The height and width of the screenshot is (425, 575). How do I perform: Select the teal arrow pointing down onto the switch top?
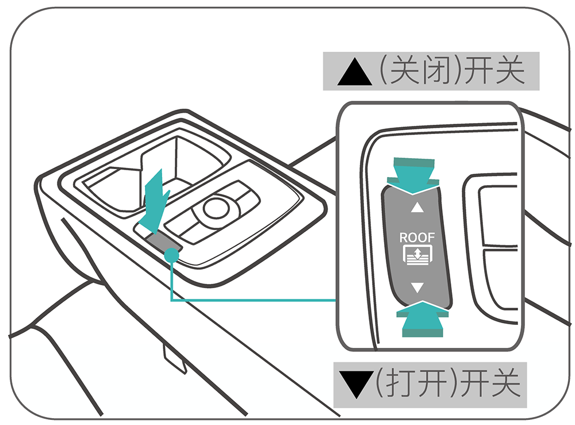point(413,172)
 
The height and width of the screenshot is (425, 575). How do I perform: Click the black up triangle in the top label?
point(352,72)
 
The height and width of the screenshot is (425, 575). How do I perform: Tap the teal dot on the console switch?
point(171,254)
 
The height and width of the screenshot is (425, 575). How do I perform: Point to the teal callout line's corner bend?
point(172,300)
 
